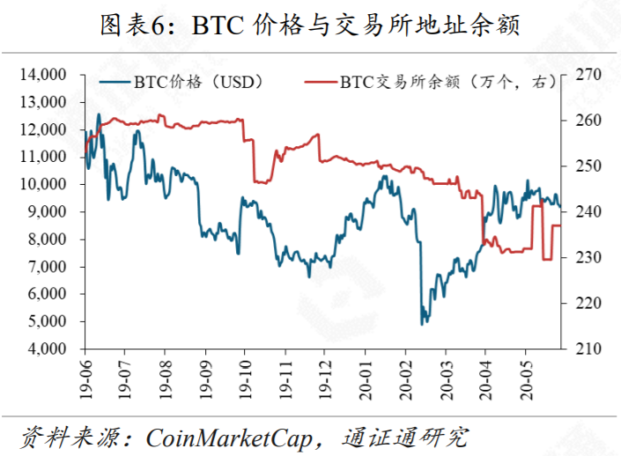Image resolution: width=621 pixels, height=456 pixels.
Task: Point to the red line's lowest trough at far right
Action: click(x=546, y=259)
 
